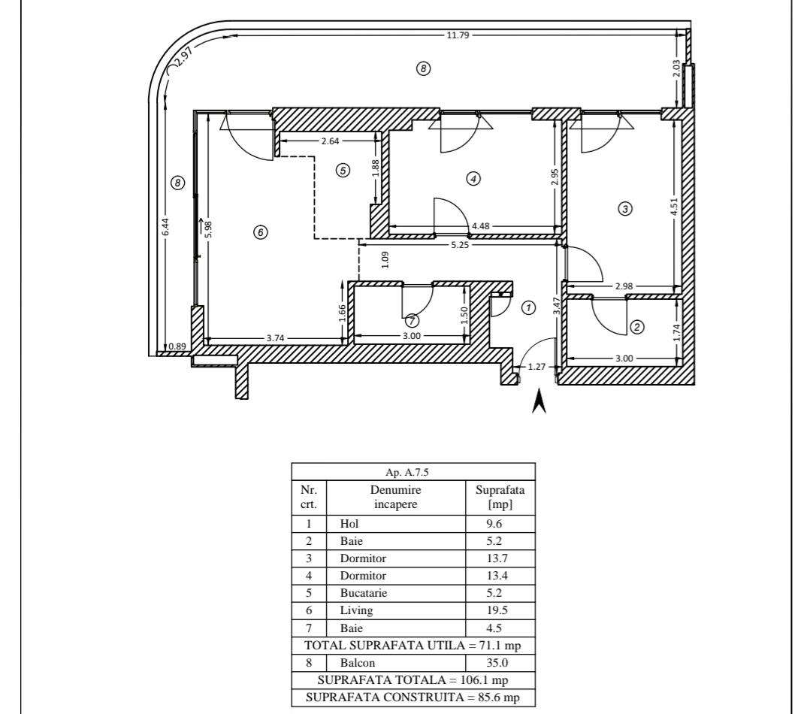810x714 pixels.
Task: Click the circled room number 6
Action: pyautogui.click(x=260, y=232)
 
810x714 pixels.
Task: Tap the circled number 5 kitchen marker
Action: pyautogui.click(x=343, y=170)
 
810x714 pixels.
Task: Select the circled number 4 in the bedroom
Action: pyautogui.click(x=473, y=179)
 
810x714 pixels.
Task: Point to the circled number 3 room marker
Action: pyautogui.click(x=625, y=209)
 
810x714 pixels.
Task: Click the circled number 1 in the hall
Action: pyautogui.click(x=528, y=308)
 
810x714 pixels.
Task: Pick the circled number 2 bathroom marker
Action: pyautogui.click(x=637, y=327)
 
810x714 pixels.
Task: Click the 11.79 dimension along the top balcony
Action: pyautogui.click(x=458, y=35)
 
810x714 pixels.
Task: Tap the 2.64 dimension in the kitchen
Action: pyautogui.click(x=330, y=141)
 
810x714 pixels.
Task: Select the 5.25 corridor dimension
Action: pyautogui.click(x=460, y=245)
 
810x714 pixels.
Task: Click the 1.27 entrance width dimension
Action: pyautogui.click(x=536, y=367)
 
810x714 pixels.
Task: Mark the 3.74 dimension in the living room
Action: pyautogui.click(x=275, y=338)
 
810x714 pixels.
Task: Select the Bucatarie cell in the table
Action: pyautogui.click(x=363, y=593)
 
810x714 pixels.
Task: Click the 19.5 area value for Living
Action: pyautogui.click(x=497, y=610)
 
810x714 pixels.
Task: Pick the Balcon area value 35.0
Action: pyautogui.click(x=497, y=663)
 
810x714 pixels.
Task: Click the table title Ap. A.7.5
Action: pyautogui.click(x=407, y=472)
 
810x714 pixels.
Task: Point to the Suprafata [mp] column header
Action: pyautogui.click(x=500, y=497)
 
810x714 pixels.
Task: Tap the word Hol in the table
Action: pyautogui.click(x=349, y=524)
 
